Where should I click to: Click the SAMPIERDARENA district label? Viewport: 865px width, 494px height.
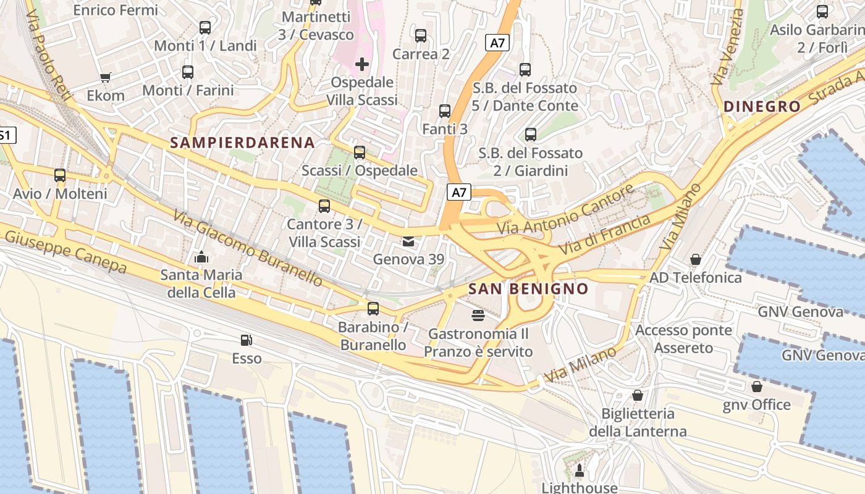[x=242, y=143]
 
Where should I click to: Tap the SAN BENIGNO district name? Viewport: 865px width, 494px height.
[x=528, y=288]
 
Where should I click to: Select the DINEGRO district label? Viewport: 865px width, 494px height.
[x=762, y=106]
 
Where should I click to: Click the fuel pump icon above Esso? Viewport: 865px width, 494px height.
[x=247, y=340]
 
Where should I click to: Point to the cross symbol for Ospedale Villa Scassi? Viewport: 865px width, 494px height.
[x=362, y=64]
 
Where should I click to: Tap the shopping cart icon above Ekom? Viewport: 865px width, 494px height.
[x=105, y=77]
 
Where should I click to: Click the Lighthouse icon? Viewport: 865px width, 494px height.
[x=580, y=472]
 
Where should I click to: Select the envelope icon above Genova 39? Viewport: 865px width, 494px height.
[x=408, y=241]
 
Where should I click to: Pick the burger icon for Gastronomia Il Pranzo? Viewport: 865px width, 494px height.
[x=478, y=316]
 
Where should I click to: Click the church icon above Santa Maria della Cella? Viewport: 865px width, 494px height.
[x=201, y=257]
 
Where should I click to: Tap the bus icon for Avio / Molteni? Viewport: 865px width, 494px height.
[x=60, y=175]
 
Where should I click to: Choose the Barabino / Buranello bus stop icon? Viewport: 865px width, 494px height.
[x=373, y=309]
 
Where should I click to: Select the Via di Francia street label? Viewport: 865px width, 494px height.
[x=605, y=235]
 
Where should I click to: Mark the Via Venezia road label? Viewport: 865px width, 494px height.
[x=727, y=48]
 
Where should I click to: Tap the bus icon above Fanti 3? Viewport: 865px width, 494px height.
[x=445, y=111]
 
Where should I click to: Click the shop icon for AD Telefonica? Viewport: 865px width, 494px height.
[x=696, y=259]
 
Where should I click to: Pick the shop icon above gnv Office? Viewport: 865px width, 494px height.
[x=757, y=387]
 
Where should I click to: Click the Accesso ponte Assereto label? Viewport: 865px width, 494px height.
[x=683, y=339]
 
